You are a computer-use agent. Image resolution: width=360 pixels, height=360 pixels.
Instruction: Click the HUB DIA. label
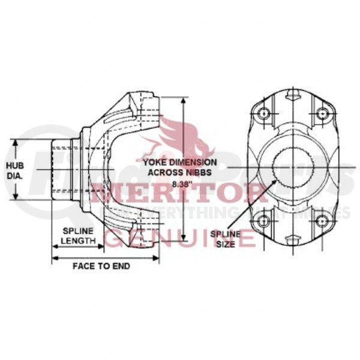pyautogui.click(x=15, y=170)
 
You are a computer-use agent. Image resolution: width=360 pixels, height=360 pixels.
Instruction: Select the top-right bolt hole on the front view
pyautogui.click(x=322, y=114)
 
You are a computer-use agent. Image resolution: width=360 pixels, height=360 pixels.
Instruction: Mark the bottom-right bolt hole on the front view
pyautogui.click(x=322, y=220)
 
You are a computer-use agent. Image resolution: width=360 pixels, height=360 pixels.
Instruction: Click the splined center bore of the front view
pyautogui.click(x=292, y=167)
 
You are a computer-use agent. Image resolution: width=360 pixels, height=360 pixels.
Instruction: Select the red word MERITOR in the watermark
pyautogui.click(x=180, y=195)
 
